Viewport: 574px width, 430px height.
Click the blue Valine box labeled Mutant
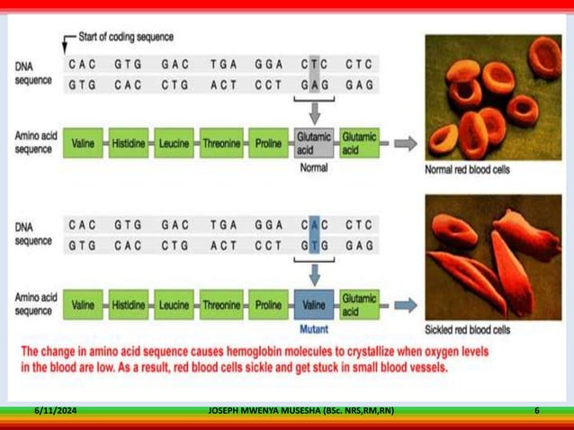pyautogui.click(x=314, y=305)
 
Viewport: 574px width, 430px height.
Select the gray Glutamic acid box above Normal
pyautogui.click(x=314, y=143)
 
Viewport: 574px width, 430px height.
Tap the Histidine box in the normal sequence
pyautogui.click(x=129, y=143)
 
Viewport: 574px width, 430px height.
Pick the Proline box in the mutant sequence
pyautogui.click(x=268, y=305)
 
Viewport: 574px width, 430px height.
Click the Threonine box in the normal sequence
pyautogui.click(x=221, y=143)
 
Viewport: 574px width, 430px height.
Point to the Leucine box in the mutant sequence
pyautogui.click(x=175, y=305)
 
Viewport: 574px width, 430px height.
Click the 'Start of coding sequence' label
pyautogui.click(x=126, y=38)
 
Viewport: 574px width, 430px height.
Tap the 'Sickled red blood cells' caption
pyautogui.click(x=468, y=329)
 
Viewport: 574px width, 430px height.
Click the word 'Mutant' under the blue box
pyautogui.click(x=314, y=328)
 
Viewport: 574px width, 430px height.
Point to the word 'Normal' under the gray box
pyautogui.click(x=314, y=166)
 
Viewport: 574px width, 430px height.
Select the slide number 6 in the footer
pyautogui.click(x=536, y=410)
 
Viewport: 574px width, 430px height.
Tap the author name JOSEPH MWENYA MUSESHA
pyautogui.click(x=261, y=410)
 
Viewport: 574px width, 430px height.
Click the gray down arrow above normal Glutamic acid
pyautogui.click(x=314, y=112)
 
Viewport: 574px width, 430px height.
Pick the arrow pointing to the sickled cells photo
pyautogui.click(x=406, y=305)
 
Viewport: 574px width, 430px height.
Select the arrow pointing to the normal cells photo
pyautogui.click(x=406, y=143)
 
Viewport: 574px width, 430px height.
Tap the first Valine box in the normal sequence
pyautogui.click(x=83, y=143)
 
